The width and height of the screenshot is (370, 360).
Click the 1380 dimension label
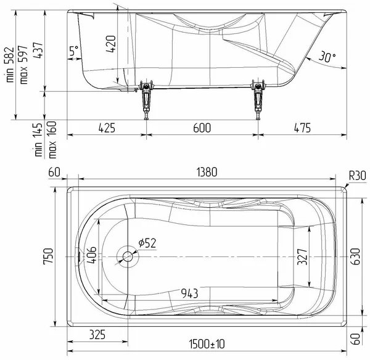[x=207, y=172]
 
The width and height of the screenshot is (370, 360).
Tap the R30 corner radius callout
[x=357, y=176]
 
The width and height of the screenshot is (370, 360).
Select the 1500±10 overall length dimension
[x=207, y=344]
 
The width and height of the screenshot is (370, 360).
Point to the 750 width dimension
[x=49, y=256]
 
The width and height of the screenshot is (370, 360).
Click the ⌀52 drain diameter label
[x=147, y=243]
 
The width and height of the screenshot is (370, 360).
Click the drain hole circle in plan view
[x=128, y=256]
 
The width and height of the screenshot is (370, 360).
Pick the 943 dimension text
[x=189, y=293]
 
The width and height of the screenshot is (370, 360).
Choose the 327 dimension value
[x=302, y=256]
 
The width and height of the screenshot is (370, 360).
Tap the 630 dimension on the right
[x=356, y=256]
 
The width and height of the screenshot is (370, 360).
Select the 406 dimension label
[x=91, y=255]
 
